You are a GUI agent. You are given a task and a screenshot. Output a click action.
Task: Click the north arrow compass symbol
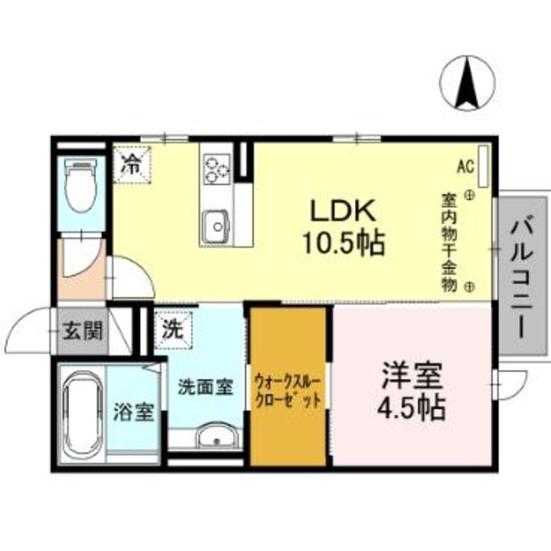tap(467, 83)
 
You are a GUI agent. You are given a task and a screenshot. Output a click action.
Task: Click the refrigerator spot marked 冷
tap(132, 165)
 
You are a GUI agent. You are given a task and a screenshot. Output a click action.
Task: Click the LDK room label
tap(343, 210)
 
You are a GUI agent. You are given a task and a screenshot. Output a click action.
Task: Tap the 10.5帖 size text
tap(344, 243)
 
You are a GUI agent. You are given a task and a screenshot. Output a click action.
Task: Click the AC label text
tap(466, 166)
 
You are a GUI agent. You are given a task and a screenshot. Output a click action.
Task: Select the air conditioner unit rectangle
tap(484, 166)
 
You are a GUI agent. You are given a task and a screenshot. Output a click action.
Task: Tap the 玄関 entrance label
tap(83, 331)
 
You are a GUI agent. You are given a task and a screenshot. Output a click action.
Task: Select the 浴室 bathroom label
tap(134, 412)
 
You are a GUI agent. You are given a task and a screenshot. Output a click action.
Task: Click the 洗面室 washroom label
tap(206, 387)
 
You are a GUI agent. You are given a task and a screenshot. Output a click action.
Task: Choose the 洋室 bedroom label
tap(412, 375)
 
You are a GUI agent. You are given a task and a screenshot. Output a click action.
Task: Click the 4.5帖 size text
tap(412, 408)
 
